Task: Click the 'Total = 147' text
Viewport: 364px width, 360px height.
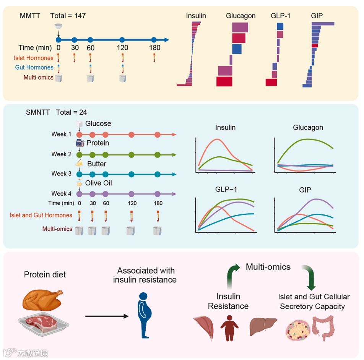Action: pyautogui.click(x=68, y=16)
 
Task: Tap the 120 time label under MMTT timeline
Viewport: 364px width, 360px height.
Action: pyautogui.click(x=122, y=48)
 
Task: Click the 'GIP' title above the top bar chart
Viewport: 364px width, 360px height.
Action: pyautogui.click(x=317, y=16)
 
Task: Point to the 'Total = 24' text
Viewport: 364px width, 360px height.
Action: pyautogui.click(x=71, y=112)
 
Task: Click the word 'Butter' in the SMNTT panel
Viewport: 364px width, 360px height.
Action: pyautogui.click(x=96, y=164)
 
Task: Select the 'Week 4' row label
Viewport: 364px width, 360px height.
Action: pyautogui.click(x=61, y=193)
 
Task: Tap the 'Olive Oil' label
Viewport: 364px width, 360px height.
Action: pyautogui.click(x=98, y=183)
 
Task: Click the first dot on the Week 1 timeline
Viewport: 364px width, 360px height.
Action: pyautogui.click(x=80, y=135)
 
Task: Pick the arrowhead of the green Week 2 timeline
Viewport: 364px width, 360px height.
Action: pyautogui.click(x=174, y=154)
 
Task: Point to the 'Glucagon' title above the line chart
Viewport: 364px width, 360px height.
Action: pyautogui.click(x=308, y=127)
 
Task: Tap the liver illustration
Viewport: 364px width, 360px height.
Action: pyautogui.click(x=263, y=327)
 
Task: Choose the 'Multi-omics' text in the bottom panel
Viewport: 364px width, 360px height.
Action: pyautogui.click(x=268, y=267)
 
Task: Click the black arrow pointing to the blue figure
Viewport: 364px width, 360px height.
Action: pyautogui.click(x=106, y=316)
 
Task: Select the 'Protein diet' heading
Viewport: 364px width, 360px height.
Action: pyautogui.click(x=45, y=274)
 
